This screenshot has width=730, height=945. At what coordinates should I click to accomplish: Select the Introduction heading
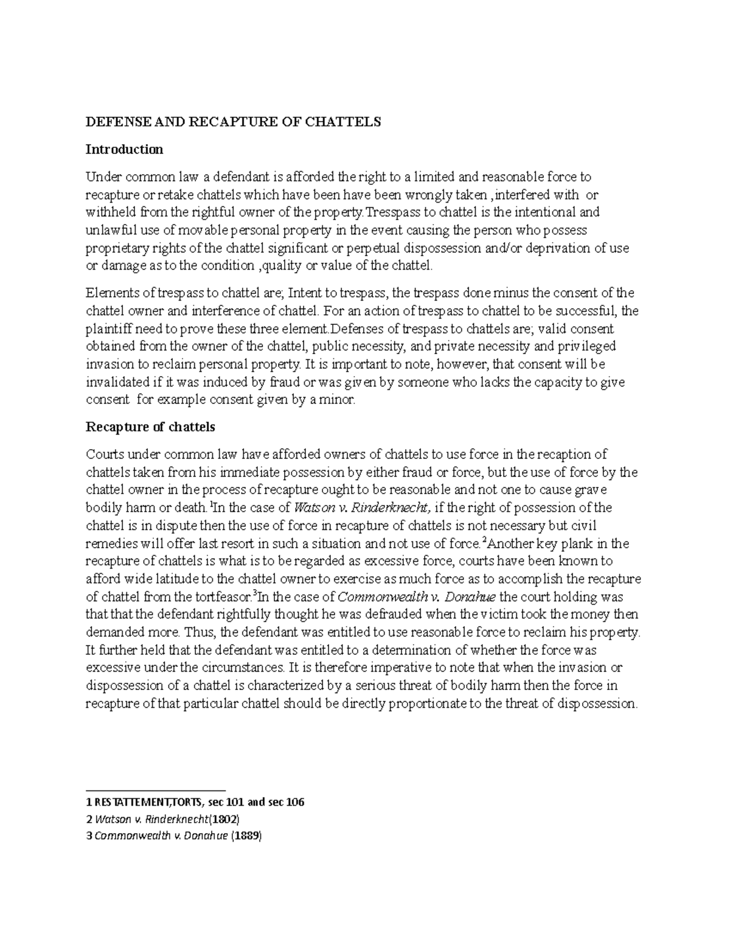click(124, 149)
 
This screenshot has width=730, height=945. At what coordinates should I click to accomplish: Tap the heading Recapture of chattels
click(150, 427)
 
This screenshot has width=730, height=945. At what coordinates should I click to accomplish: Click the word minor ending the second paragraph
click(338, 400)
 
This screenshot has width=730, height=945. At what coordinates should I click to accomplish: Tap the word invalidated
click(116, 382)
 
